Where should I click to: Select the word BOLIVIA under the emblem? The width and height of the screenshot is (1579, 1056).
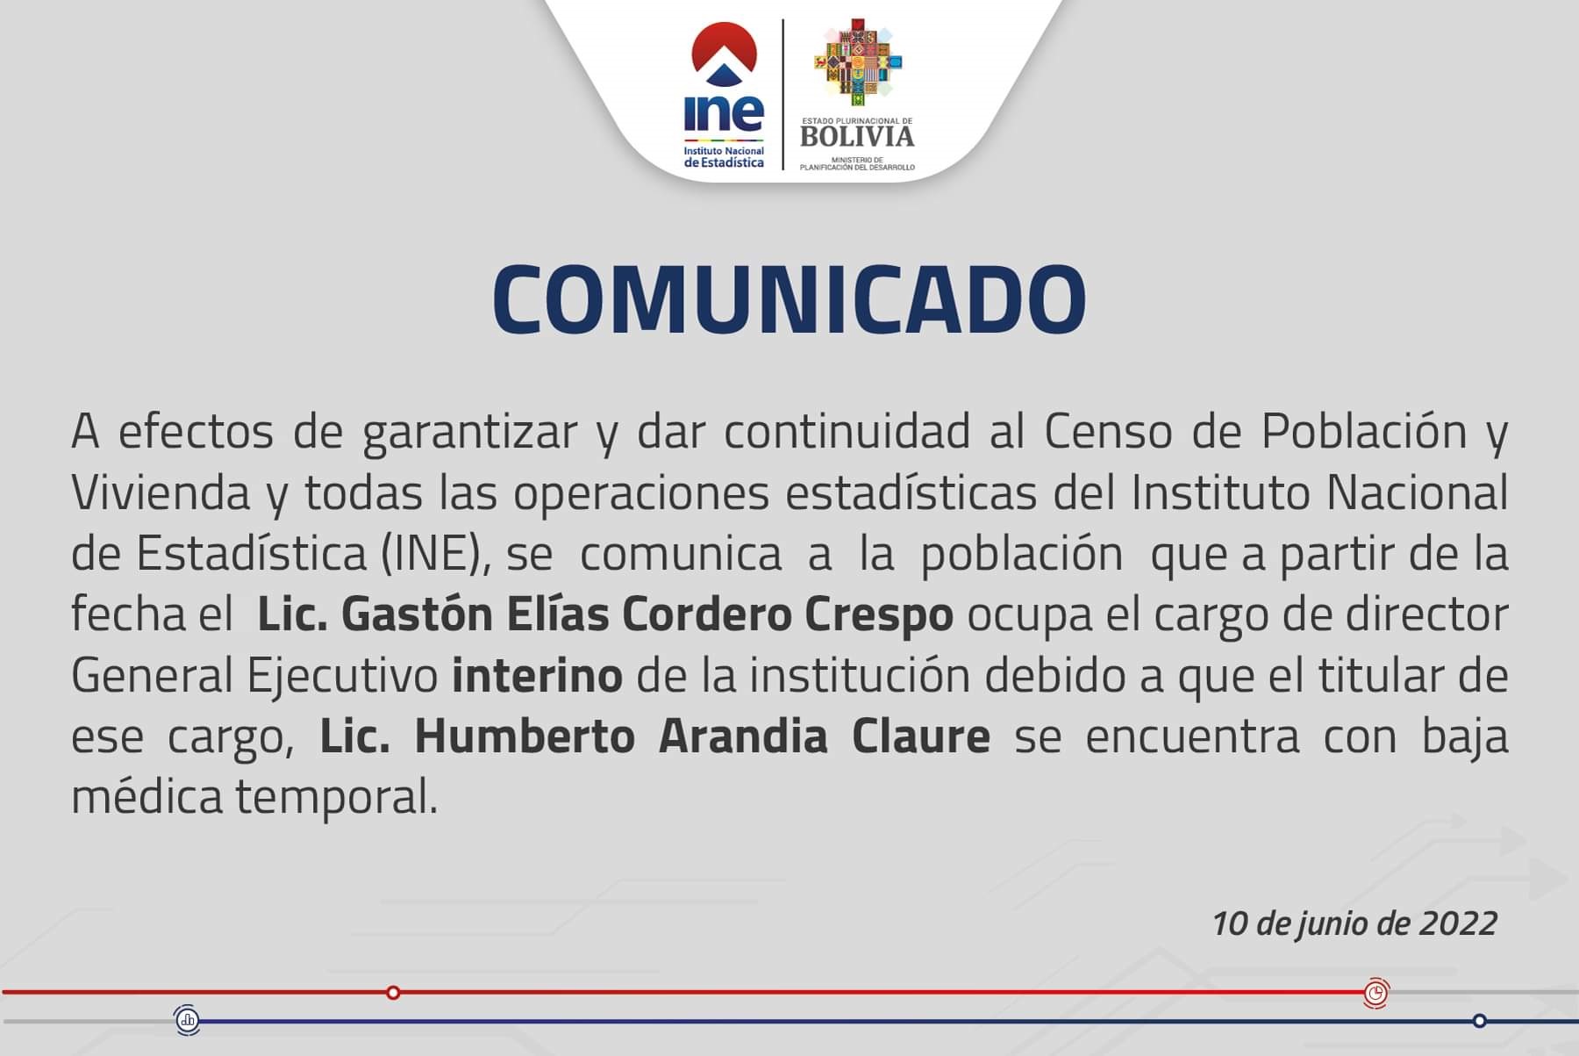click(857, 136)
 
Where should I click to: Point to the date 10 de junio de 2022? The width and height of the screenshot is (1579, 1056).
click(1354, 923)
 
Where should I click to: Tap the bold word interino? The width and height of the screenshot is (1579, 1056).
click(538, 676)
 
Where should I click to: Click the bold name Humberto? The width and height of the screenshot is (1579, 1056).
click(525, 736)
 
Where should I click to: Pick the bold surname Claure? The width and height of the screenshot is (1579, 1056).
click(921, 736)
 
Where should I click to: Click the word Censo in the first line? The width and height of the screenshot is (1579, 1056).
click(1108, 431)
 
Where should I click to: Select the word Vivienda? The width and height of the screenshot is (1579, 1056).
click(161, 492)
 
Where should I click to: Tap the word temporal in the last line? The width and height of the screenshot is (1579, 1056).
click(336, 799)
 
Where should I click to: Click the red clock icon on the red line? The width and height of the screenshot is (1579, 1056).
click(1376, 993)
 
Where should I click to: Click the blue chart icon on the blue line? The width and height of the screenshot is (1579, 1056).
click(187, 1020)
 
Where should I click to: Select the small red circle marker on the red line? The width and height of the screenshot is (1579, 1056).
click(393, 993)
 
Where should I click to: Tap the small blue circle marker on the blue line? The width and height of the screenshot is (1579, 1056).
click(1480, 1021)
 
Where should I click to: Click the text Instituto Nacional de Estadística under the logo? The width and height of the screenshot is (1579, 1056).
click(724, 157)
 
